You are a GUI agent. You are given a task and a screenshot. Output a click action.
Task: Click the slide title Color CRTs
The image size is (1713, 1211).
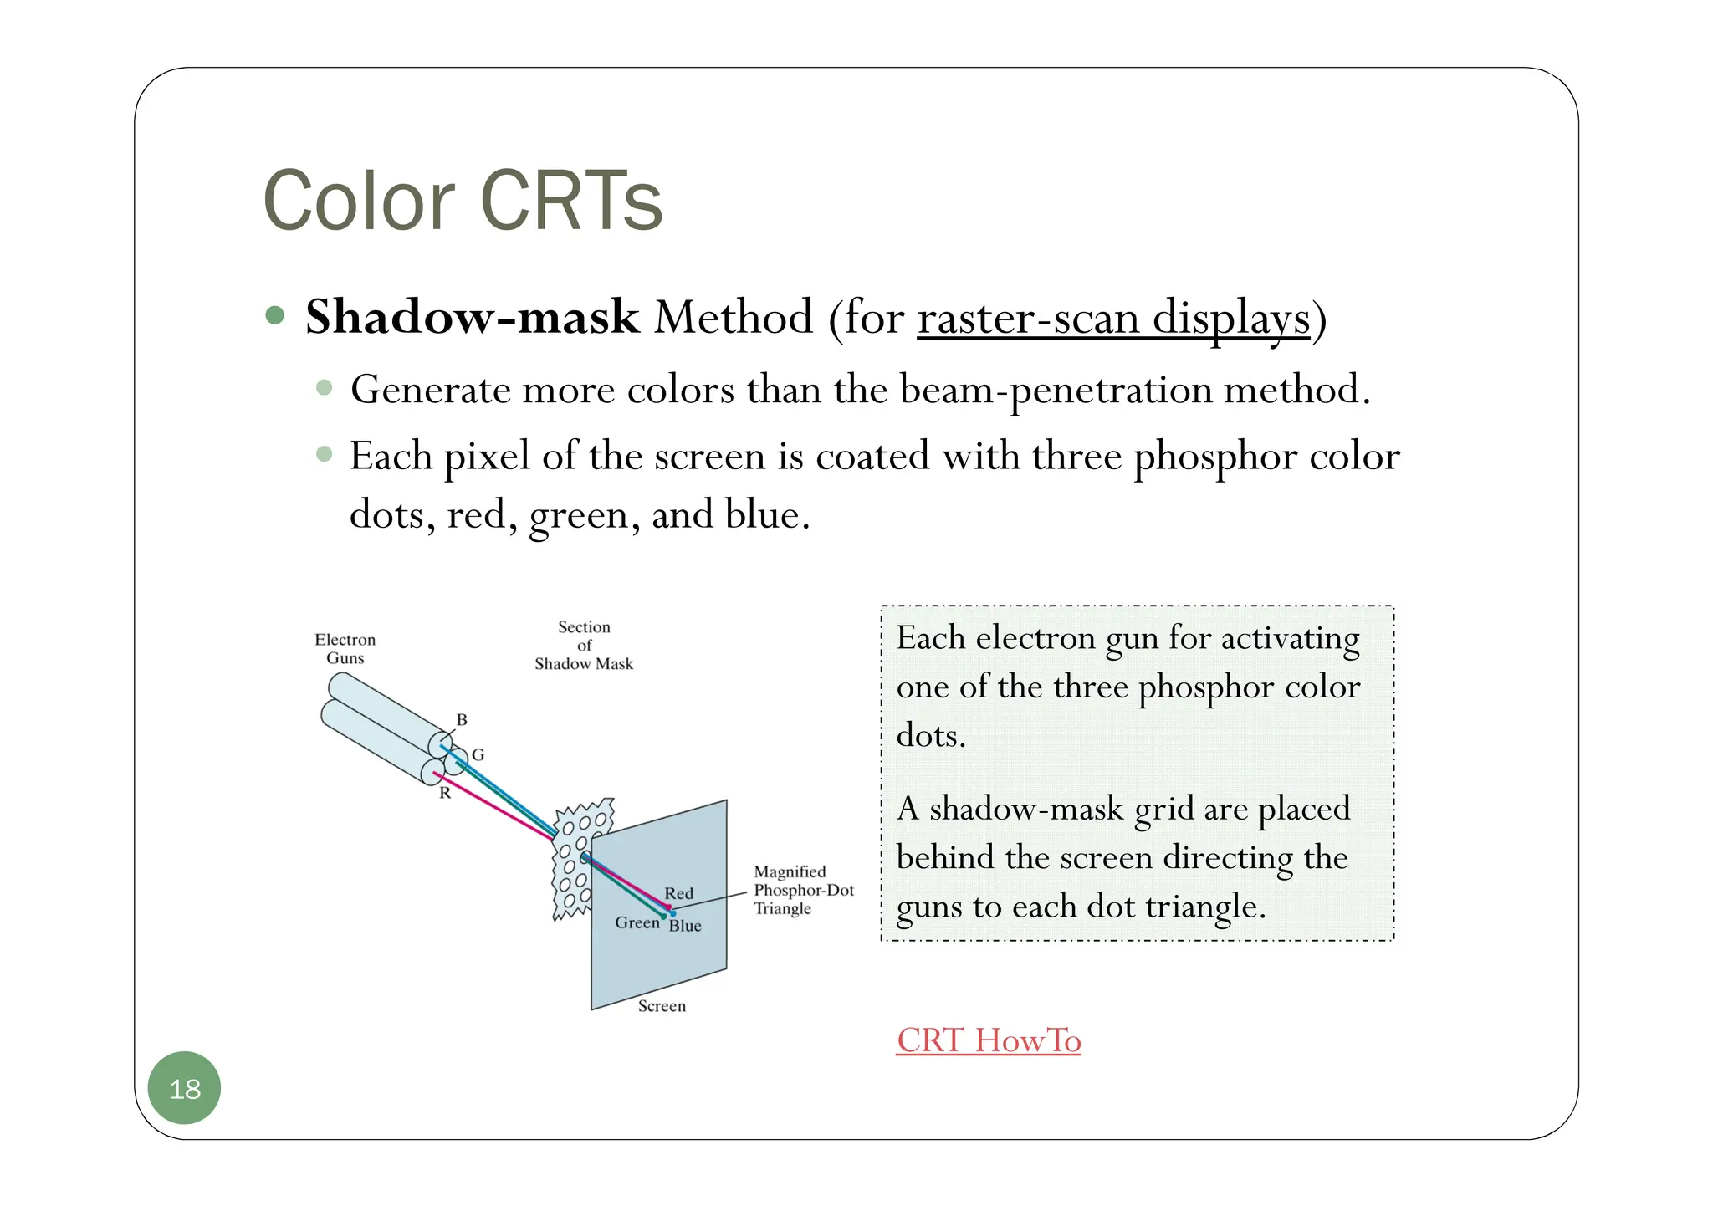tap(463, 201)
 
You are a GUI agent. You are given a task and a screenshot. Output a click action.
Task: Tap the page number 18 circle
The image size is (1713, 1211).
tap(184, 1088)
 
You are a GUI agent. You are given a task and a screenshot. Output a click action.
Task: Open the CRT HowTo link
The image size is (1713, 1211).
tap(988, 1040)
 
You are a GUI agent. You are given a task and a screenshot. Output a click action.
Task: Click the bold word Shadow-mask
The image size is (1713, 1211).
tap(472, 318)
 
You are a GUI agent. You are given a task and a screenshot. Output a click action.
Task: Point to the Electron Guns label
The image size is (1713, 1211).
tap(345, 649)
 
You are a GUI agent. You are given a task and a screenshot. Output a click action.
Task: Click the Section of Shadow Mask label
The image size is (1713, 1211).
tap(584, 645)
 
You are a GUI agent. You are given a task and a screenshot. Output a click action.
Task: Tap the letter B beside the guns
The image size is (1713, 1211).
tap(462, 719)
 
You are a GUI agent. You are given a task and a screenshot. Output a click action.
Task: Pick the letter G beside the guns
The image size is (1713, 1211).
tap(478, 754)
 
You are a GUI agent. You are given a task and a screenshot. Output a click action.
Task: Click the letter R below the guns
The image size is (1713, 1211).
tap(445, 793)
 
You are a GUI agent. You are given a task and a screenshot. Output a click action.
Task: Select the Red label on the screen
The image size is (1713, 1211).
tap(678, 893)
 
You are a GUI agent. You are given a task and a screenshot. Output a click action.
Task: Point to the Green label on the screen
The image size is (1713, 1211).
tap(637, 922)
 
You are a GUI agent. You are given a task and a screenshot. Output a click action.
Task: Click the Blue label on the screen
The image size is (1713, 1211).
tap(685, 926)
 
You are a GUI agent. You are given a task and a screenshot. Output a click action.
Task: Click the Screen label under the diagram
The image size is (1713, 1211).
tap(662, 1006)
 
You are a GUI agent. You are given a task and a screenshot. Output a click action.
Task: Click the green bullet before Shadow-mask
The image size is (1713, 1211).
tap(274, 316)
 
